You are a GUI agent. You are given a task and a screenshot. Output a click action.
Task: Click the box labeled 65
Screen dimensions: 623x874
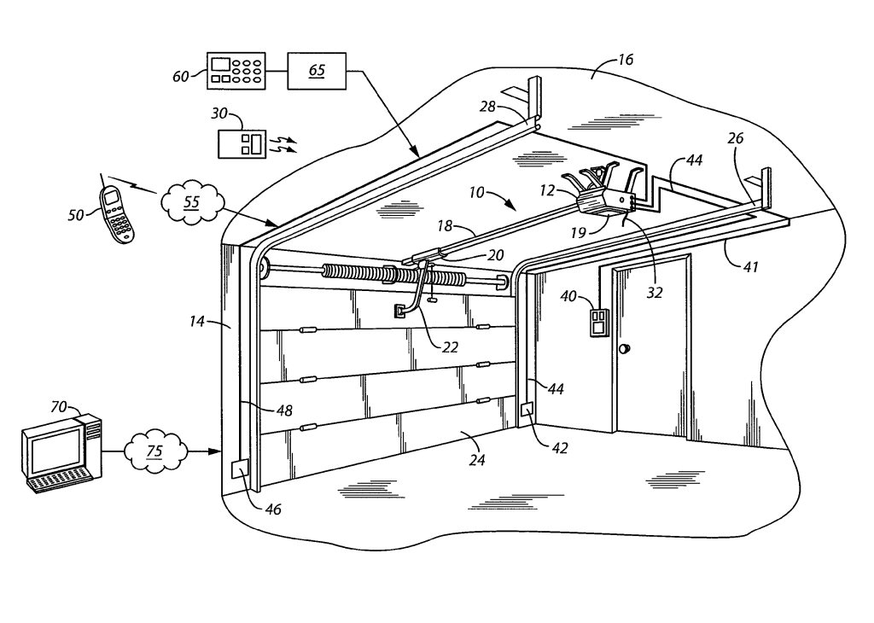pos(316,70)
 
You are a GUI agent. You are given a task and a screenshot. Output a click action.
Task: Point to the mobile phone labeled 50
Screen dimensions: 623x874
pos(117,215)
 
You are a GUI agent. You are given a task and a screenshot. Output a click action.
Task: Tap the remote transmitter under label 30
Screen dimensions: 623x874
pos(243,143)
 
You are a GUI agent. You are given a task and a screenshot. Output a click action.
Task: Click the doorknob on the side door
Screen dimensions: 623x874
pos(625,349)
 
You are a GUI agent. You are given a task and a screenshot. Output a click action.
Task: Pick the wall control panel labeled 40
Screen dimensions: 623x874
pos(595,323)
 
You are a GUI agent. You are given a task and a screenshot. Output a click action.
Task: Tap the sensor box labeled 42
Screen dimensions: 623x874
pos(527,410)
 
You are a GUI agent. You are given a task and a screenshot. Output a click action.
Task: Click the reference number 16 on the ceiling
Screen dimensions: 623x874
pos(626,61)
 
